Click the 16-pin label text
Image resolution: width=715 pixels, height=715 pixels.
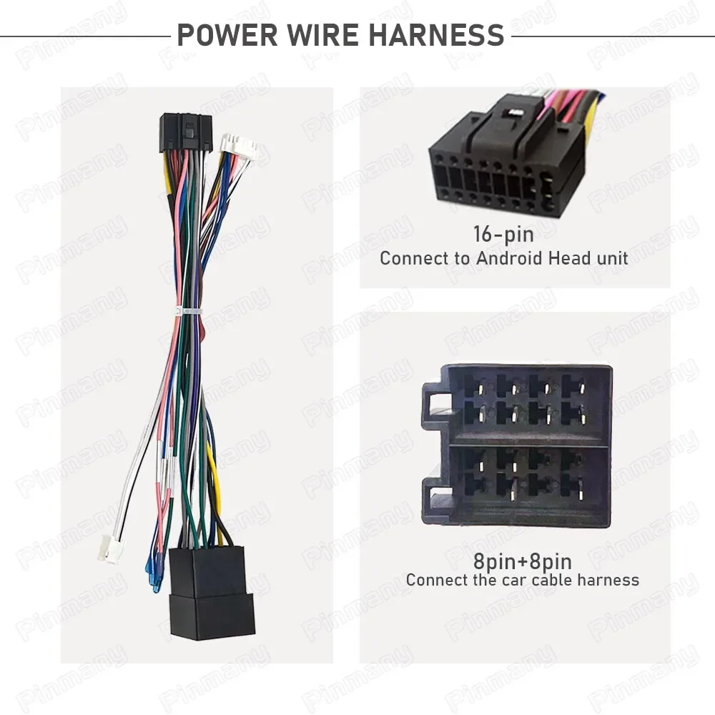pyautogui.click(x=503, y=233)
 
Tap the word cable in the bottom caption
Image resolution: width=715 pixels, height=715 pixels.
pyautogui.click(x=538, y=580)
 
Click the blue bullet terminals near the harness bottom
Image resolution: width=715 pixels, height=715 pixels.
pyautogui.click(x=152, y=572)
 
